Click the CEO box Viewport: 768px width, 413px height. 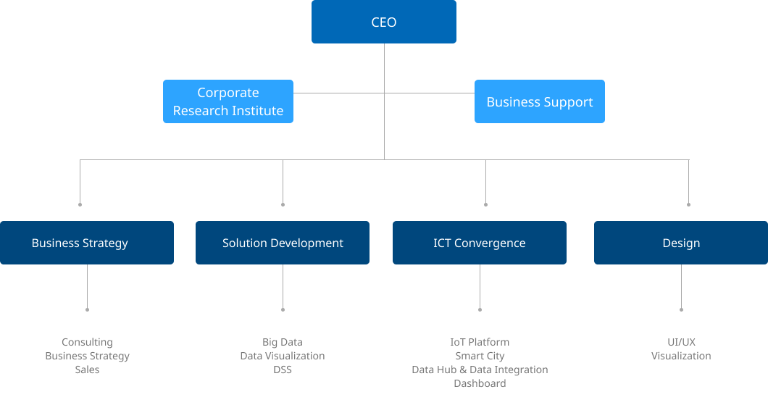pyautogui.click(x=384, y=22)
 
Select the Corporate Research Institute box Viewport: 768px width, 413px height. pyautogui.click(x=228, y=101)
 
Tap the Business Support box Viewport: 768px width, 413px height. pyautogui.click(x=540, y=101)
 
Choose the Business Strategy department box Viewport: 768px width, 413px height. pyautogui.click(x=87, y=243)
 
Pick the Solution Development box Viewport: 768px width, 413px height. pyautogui.click(x=283, y=243)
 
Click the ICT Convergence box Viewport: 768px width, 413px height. pyautogui.click(x=480, y=243)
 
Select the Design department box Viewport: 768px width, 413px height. pyautogui.click(x=681, y=243)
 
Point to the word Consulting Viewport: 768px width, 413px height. pyautogui.click(x=87, y=342)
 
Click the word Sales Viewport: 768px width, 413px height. pyautogui.click(x=87, y=370)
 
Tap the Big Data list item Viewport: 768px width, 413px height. pyautogui.click(x=283, y=342)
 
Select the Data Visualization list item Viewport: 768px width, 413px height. pyautogui.click(x=283, y=356)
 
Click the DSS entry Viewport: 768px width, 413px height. pyautogui.click(x=283, y=370)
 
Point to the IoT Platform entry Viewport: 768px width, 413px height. pyautogui.click(x=480, y=342)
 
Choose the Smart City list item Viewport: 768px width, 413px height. pyautogui.click(x=480, y=356)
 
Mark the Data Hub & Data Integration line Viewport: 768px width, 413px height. pyautogui.click(x=480, y=370)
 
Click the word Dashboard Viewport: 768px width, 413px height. pyautogui.click(x=480, y=383)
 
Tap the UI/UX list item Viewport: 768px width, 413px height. pyautogui.click(x=681, y=342)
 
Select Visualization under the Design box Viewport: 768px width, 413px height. pyautogui.click(x=681, y=356)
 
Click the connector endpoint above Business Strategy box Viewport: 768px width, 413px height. pyautogui.click(x=80, y=205)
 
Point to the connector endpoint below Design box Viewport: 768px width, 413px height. pyautogui.click(x=681, y=309)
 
